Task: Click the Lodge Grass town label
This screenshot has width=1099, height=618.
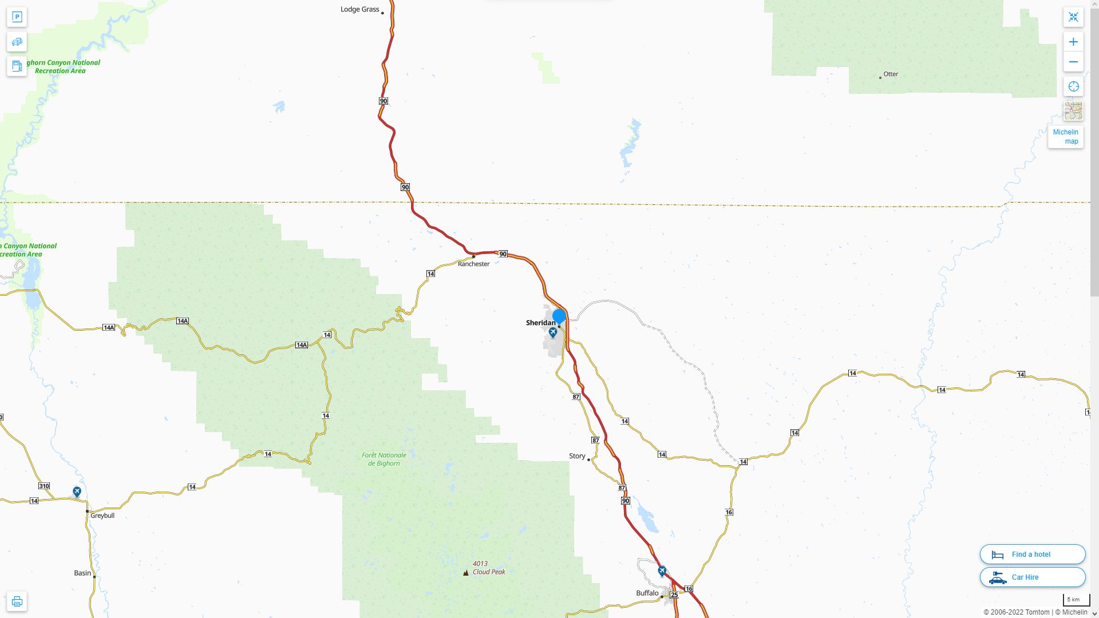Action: tap(359, 9)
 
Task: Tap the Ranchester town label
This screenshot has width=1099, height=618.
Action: tap(473, 264)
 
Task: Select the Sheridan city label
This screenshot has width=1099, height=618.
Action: tap(540, 323)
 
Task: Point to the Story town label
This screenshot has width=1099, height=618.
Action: tap(577, 456)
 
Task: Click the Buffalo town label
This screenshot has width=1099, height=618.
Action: tap(647, 593)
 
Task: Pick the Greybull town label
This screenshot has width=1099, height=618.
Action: tap(102, 516)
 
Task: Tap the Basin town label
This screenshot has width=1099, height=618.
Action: tap(82, 573)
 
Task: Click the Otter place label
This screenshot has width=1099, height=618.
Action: tap(891, 74)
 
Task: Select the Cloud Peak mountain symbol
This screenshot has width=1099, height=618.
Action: tap(466, 572)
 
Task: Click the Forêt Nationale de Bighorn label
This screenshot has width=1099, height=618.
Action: tap(384, 459)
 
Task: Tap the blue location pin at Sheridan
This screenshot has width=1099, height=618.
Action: tap(559, 316)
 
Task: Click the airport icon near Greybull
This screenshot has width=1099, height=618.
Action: tap(77, 492)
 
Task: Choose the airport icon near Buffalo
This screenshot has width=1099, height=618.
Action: tap(662, 571)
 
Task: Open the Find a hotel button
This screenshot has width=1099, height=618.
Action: tap(1032, 554)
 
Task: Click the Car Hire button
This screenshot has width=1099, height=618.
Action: tap(1032, 577)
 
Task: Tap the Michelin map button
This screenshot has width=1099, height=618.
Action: tap(1066, 136)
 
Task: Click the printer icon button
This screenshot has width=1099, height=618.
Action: tap(17, 601)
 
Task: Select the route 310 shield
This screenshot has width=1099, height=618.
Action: tap(44, 486)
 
